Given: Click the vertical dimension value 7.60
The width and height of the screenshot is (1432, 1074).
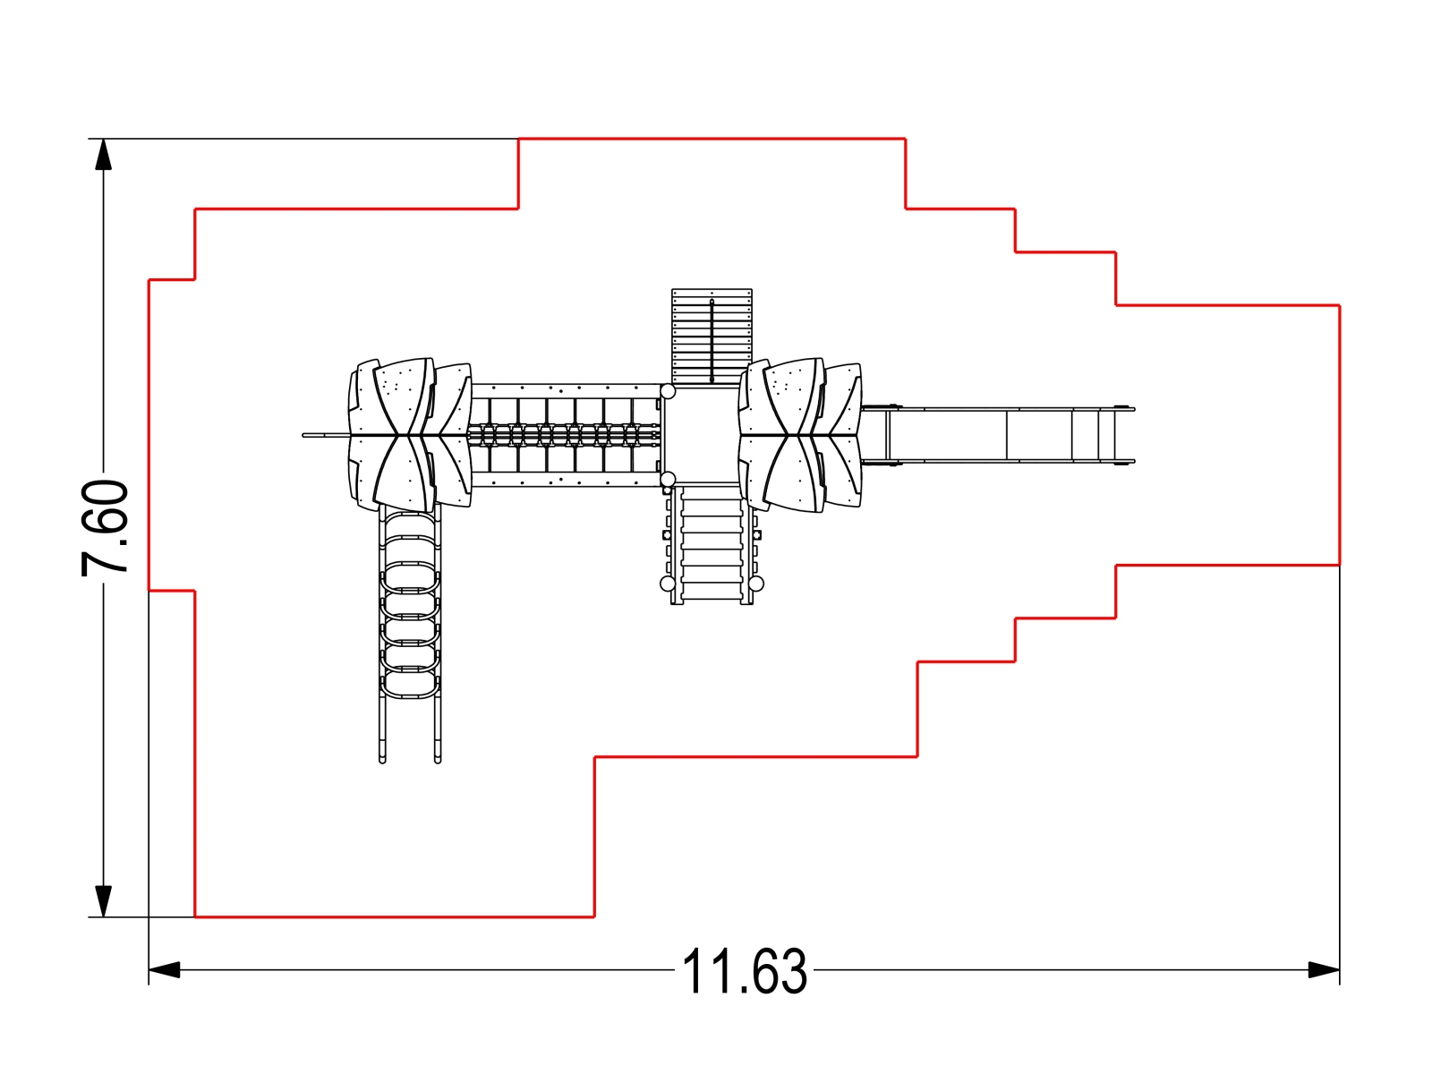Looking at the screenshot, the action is pyautogui.click(x=105, y=527).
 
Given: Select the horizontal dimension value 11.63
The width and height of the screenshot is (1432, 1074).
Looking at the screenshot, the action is pyautogui.click(x=744, y=971).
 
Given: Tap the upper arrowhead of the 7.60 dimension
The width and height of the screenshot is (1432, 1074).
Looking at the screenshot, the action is pyautogui.click(x=103, y=155).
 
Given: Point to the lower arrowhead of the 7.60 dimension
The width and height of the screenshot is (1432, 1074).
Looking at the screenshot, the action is pyautogui.click(x=103, y=901).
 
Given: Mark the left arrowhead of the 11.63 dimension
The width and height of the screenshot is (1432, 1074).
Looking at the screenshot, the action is pyautogui.click(x=165, y=969).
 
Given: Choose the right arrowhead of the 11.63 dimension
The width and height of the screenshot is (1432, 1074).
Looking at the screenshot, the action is pyautogui.click(x=1324, y=969).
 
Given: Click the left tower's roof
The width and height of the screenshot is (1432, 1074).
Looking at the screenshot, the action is pyautogui.click(x=410, y=434).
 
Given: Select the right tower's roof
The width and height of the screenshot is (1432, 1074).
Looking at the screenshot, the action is pyautogui.click(x=800, y=434).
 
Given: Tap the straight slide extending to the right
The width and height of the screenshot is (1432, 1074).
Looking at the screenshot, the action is pyautogui.click(x=998, y=435).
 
